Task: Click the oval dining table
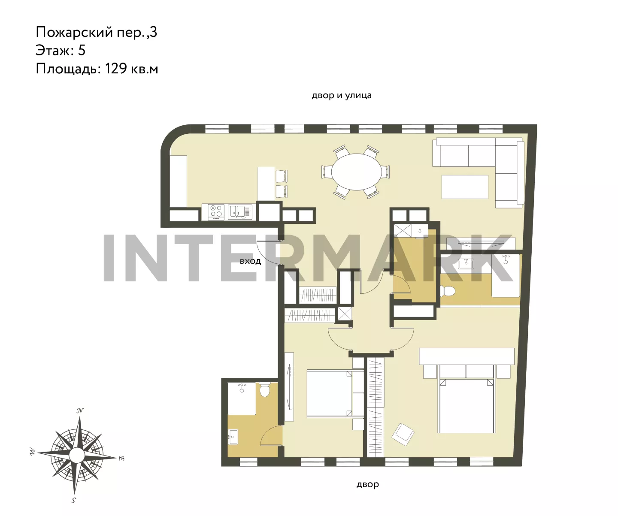356,172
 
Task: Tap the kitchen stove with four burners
216,212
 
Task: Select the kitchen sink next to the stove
240,212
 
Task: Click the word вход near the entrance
250,261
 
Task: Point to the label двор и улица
342,95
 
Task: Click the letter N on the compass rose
80,410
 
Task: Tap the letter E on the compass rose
121,459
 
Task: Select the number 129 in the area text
116,69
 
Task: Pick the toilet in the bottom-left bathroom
265,390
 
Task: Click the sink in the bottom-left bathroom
233,437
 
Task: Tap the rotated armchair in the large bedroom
403,435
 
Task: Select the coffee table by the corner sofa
465,187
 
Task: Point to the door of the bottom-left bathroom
271,435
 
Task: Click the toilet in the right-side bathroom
448,291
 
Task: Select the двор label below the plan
368,485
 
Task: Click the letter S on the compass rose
74,500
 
